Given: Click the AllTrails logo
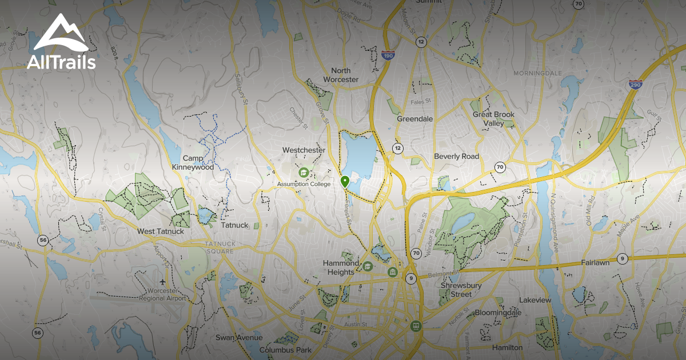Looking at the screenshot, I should (61, 43).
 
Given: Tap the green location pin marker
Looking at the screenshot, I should (345, 182).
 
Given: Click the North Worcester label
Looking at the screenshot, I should (341, 75).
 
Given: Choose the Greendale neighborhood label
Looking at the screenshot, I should (415, 119).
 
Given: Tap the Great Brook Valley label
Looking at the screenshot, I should (493, 118).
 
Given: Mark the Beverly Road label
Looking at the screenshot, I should (456, 156).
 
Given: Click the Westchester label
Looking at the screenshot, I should (304, 150).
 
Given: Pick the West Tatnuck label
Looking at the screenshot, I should (161, 231).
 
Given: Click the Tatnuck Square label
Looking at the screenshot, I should (220, 247).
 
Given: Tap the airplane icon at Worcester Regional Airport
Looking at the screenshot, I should (164, 283).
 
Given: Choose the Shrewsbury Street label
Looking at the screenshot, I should (464, 290).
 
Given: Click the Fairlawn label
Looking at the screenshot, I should (595, 263).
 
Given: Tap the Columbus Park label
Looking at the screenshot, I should (285, 350).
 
